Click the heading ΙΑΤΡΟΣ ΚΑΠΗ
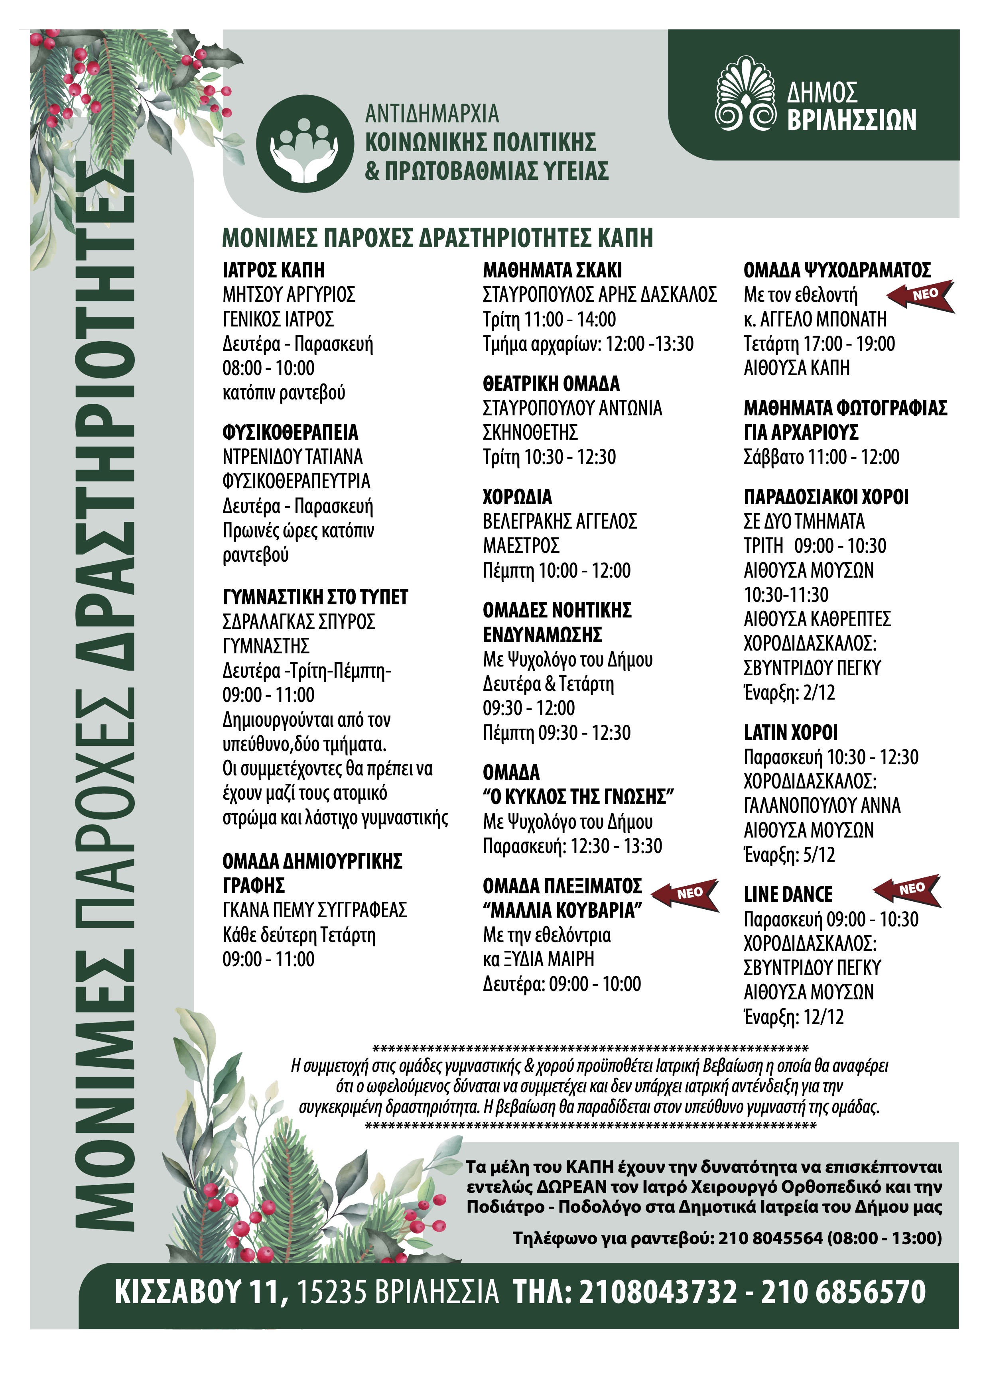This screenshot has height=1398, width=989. (x=274, y=270)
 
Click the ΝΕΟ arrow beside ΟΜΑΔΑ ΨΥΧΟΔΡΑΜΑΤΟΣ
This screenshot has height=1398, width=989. (x=920, y=296)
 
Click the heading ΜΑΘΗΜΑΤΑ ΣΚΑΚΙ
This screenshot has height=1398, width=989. (x=552, y=270)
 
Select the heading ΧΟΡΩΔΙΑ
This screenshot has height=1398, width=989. (x=517, y=497)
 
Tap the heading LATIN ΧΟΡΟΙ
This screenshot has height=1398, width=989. (x=790, y=732)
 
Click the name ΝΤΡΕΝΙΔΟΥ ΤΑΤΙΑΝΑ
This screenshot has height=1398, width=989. (x=292, y=457)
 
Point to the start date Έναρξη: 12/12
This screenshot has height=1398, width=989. (x=794, y=1017)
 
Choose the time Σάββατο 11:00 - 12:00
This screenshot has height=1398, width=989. (x=821, y=457)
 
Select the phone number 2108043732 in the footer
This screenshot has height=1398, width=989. (x=658, y=1292)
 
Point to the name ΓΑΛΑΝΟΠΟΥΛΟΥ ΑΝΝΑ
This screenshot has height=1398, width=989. (x=822, y=806)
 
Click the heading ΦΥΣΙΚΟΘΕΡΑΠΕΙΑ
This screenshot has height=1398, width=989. (x=290, y=432)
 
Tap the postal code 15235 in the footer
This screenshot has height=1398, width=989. (x=333, y=1292)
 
